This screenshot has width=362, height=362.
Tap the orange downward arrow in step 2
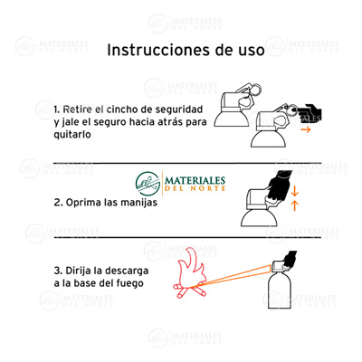(x=294, y=189)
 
